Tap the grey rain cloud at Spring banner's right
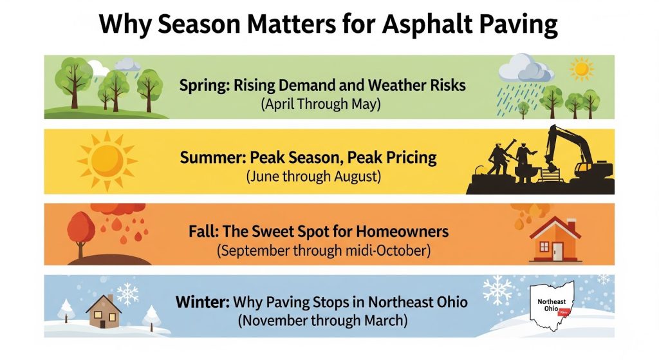(526, 69)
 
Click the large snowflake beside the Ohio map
(497, 290)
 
